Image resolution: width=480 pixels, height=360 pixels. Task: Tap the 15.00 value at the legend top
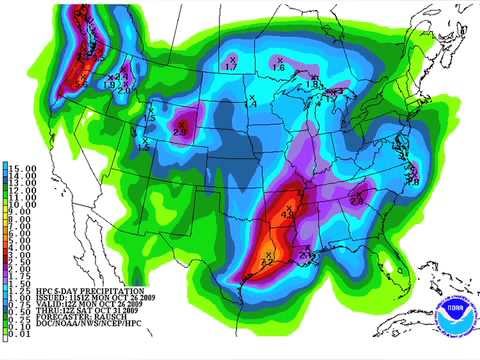(24, 165)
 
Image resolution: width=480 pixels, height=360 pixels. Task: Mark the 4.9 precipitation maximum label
(288, 212)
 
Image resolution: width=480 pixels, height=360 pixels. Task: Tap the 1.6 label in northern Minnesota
(279, 66)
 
